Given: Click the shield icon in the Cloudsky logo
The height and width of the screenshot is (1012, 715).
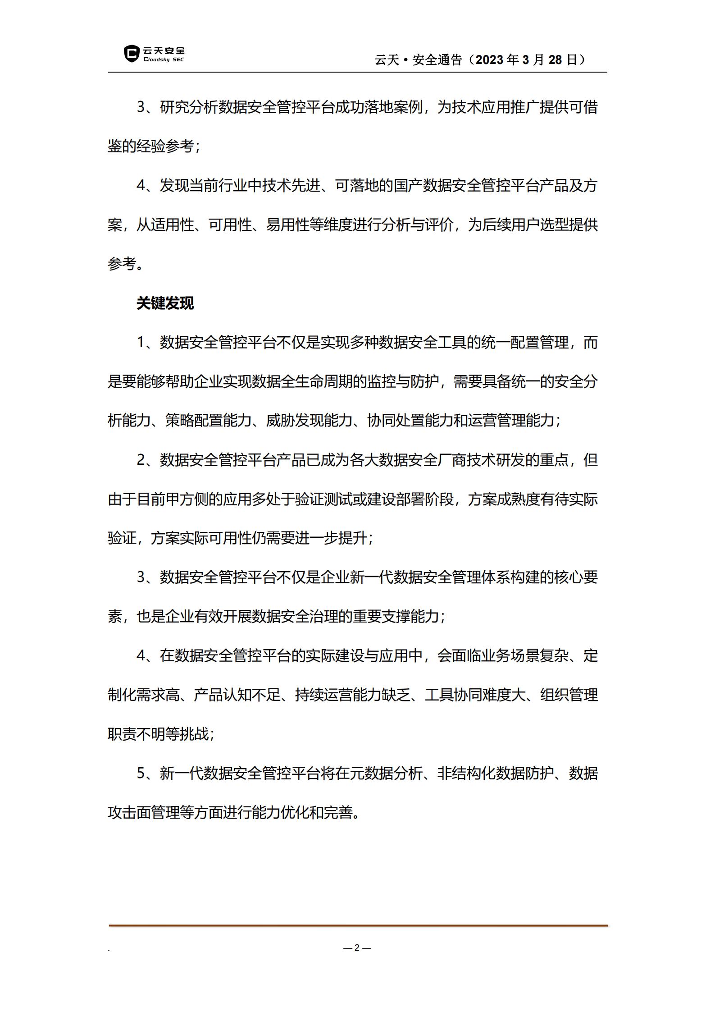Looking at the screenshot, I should (x=132, y=54).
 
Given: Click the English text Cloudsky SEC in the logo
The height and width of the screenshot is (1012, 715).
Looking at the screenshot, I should (x=164, y=60).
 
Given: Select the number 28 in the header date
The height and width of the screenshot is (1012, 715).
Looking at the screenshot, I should (x=555, y=60).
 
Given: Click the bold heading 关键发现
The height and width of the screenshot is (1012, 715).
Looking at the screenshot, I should (x=165, y=303).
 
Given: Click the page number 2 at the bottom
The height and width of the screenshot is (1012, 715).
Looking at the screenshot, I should (x=357, y=948).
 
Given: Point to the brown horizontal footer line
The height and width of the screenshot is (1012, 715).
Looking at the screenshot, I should (x=358, y=925).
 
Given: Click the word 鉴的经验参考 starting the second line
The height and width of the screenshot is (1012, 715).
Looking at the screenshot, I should (x=151, y=146).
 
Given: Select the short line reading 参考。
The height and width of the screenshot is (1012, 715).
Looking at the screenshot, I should (x=126, y=264).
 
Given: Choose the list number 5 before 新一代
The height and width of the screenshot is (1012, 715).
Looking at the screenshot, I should (x=141, y=774).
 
